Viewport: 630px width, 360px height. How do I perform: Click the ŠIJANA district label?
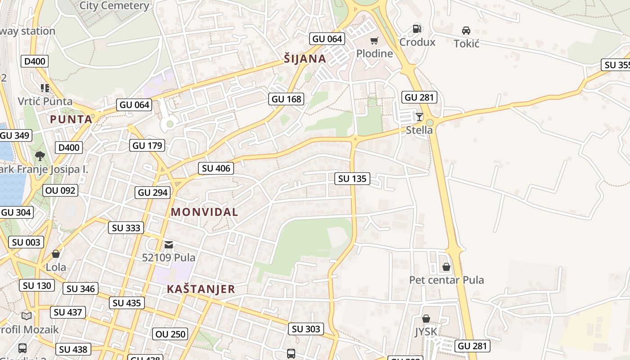[x=305, y=58]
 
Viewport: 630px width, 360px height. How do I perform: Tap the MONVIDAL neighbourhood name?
[x=204, y=212]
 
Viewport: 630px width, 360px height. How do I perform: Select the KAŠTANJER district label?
[x=201, y=289]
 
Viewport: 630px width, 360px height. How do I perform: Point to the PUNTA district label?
[x=71, y=119]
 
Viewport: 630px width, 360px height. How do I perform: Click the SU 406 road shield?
[x=216, y=168]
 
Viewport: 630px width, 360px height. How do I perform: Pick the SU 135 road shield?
[x=352, y=179]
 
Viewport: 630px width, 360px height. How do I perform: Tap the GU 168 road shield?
[x=286, y=99]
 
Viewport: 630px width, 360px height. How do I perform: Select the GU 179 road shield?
[x=148, y=145]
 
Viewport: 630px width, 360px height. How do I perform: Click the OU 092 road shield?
[x=61, y=190]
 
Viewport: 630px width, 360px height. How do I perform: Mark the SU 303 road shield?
[x=306, y=329]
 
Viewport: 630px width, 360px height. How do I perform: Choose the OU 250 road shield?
[x=170, y=334]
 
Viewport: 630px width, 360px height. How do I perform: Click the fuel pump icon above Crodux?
[x=417, y=29]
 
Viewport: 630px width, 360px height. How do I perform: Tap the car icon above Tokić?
[x=466, y=31]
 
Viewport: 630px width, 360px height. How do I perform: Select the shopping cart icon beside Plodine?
[x=374, y=41]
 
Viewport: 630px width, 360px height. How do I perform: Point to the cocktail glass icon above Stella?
[x=419, y=117]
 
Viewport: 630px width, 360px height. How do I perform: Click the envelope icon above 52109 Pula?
[x=169, y=244]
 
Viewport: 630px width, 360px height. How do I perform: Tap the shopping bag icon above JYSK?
[x=426, y=319]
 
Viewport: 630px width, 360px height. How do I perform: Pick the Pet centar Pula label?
[x=446, y=280]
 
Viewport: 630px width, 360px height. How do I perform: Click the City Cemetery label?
[x=114, y=6]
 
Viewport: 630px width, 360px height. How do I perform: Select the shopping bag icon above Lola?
[x=56, y=254]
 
